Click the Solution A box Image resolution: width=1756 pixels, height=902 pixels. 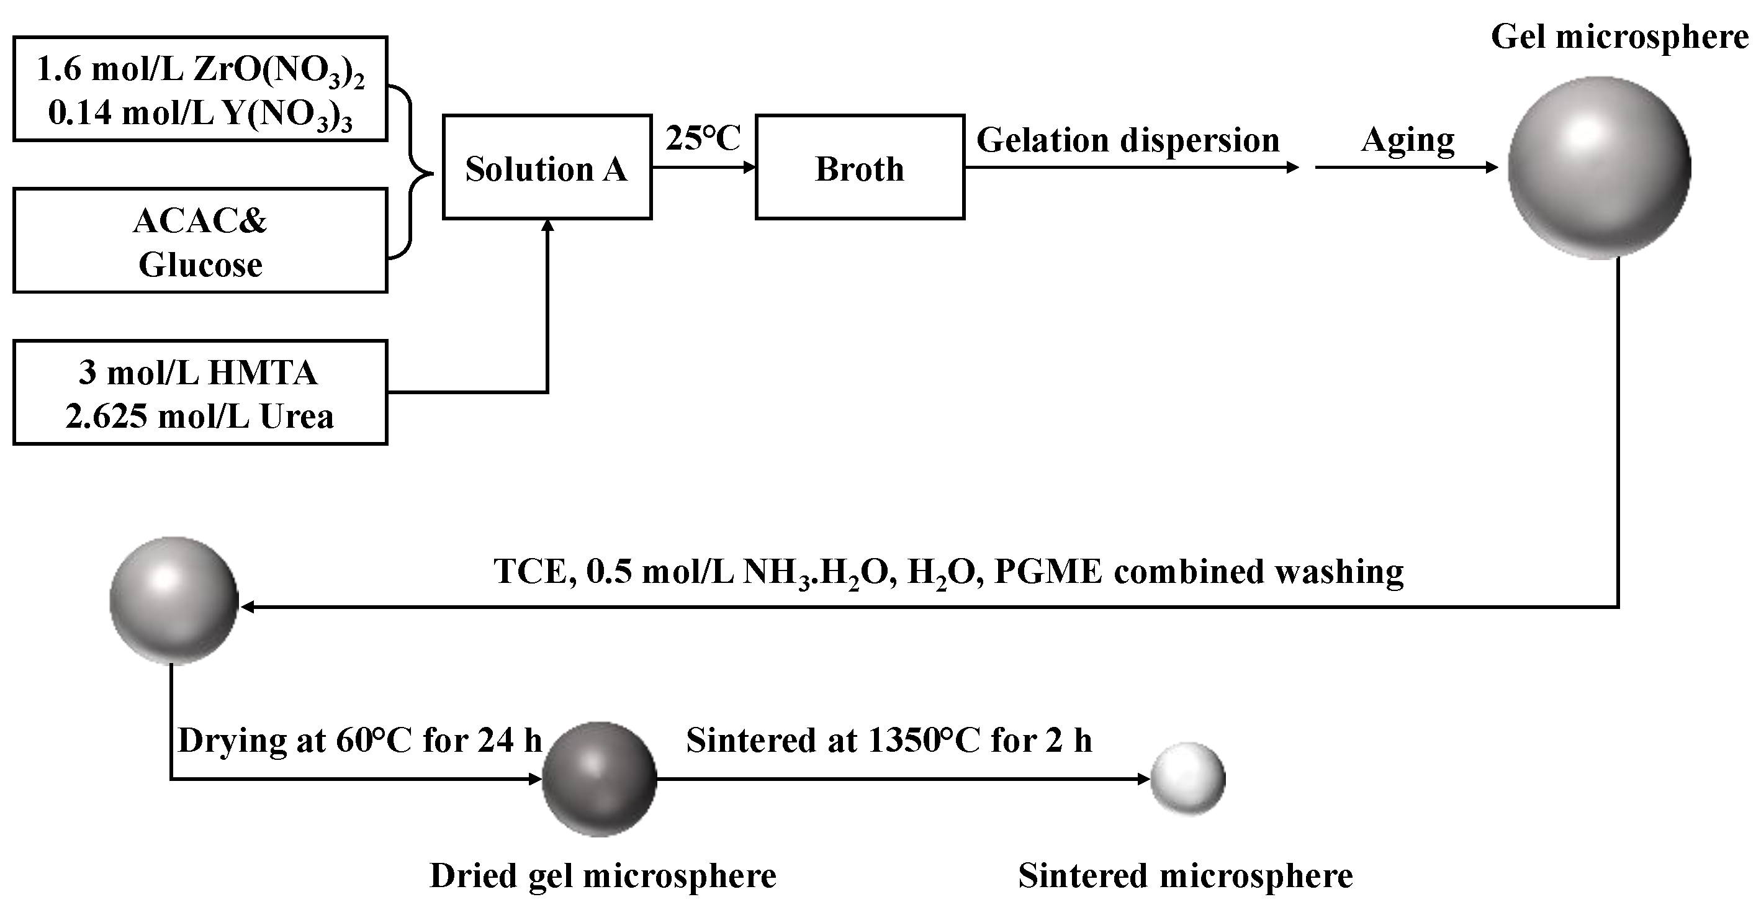pyautogui.click(x=547, y=167)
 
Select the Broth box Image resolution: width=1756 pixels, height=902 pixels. pyautogui.click(x=860, y=167)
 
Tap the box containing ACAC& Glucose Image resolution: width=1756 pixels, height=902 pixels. pyautogui.click(x=200, y=241)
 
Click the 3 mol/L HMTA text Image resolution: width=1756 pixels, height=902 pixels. pyautogui.click(x=199, y=372)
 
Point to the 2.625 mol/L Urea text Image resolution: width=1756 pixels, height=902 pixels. pyautogui.click(x=200, y=416)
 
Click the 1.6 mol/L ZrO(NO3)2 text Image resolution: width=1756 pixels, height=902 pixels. pyautogui.click(x=200, y=70)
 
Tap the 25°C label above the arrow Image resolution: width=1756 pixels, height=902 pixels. pyautogui.click(x=703, y=138)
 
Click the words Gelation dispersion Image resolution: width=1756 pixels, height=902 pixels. pyautogui.click(x=1128, y=140)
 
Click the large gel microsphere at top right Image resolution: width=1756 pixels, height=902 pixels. pyautogui.click(x=1599, y=168)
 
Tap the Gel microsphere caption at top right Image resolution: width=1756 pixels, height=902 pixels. pyautogui.click(x=1619, y=37)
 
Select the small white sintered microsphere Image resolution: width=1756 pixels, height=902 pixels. pyautogui.click(x=1188, y=778)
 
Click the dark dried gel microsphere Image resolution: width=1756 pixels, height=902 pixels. pyautogui.click(x=599, y=779)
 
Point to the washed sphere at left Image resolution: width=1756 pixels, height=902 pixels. pyautogui.click(x=174, y=601)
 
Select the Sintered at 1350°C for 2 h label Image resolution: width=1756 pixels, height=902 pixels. pyautogui.click(x=889, y=741)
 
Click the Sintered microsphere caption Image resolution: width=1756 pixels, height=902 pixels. pyautogui.click(x=1186, y=876)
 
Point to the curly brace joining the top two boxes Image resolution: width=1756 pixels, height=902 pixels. pyautogui.click(x=412, y=173)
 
